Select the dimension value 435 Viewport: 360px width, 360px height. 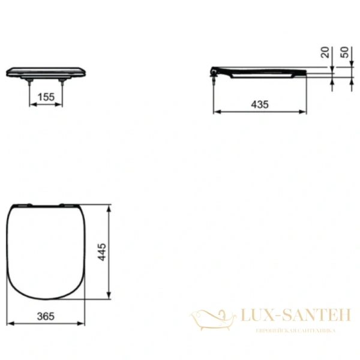[x=259, y=104]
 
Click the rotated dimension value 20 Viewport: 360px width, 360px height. [x=325, y=53]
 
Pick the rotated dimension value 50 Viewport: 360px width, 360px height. [x=344, y=53]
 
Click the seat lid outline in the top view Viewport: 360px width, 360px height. [x=48, y=252]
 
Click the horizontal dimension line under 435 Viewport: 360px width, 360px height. [x=259, y=112]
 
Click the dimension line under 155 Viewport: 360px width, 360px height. [x=46, y=103]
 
